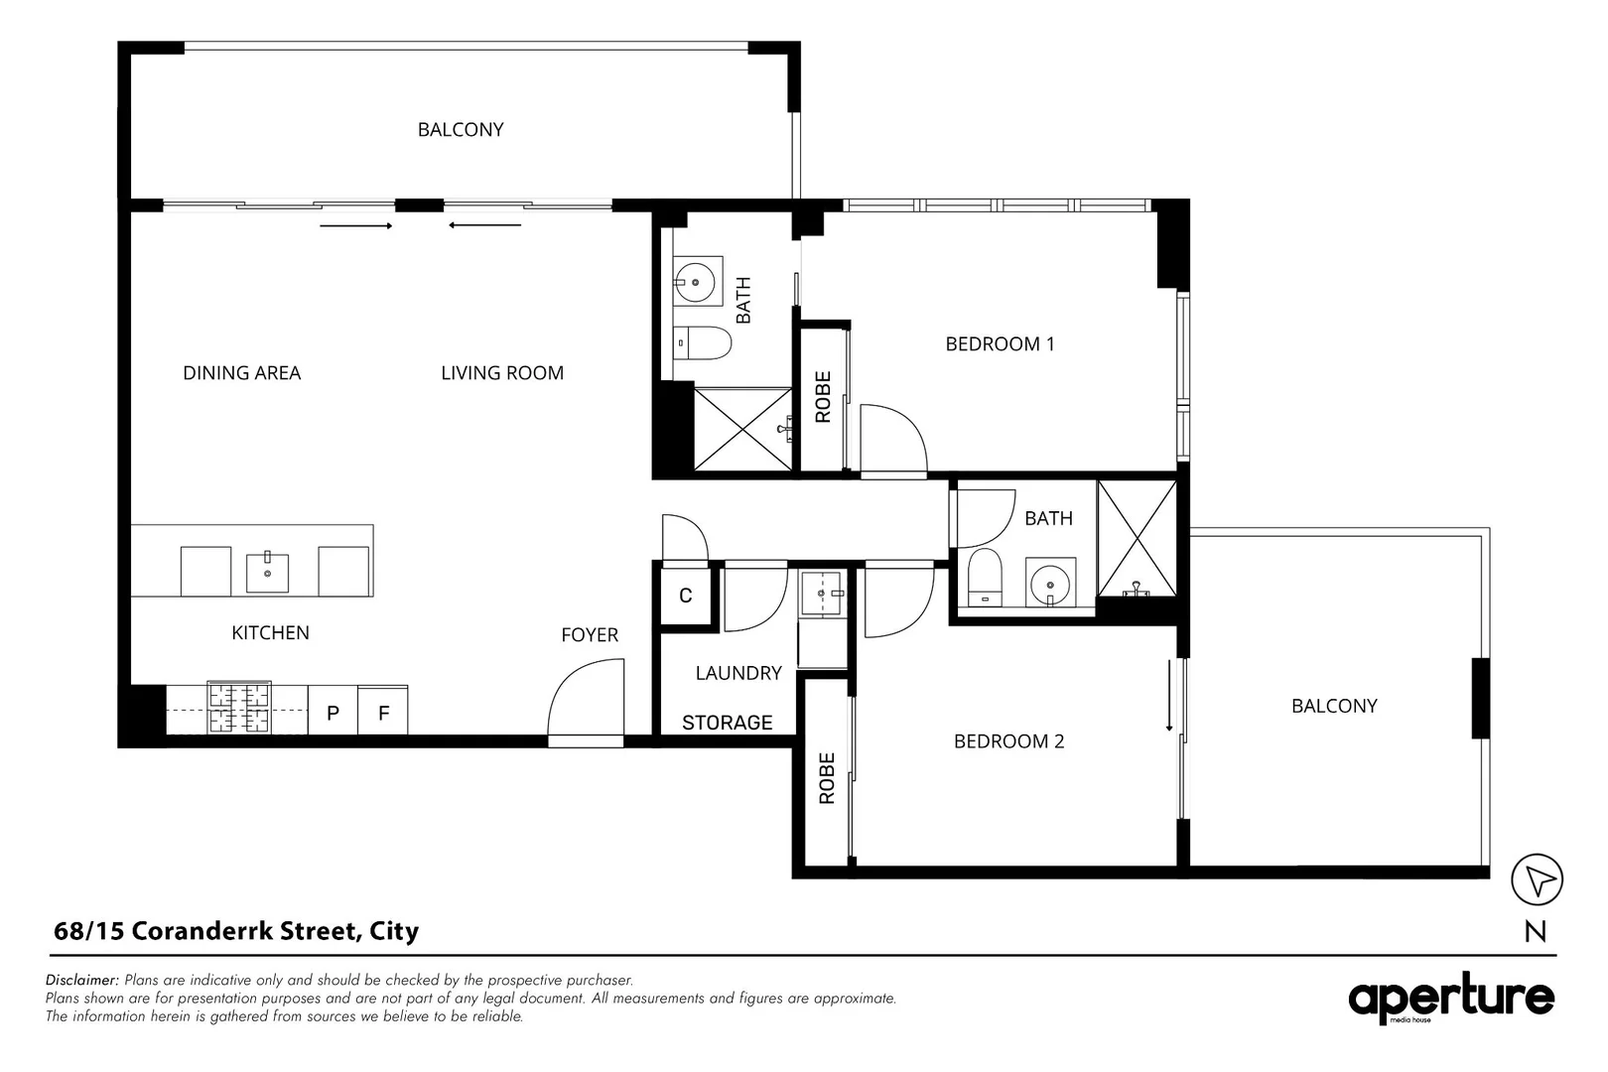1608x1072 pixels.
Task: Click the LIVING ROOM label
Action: click(x=502, y=373)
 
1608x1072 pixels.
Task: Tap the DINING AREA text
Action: click(x=241, y=373)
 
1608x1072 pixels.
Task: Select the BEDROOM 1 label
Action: click(x=1000, y=344)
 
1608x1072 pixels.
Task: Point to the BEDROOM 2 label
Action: click(x=1008, y=741)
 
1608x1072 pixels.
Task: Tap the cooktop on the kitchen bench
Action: click(x=238, y=708)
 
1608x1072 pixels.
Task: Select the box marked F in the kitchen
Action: click(x=383, y=713)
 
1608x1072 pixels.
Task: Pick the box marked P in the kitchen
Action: click(x=334, y=713)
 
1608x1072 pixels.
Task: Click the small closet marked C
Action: click(x=686, y=596)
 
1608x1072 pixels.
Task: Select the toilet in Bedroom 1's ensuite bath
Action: click(x=704, y=343)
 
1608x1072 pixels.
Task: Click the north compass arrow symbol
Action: click(x=1537, y=879)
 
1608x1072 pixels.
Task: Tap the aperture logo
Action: click(x=1451, y=1001)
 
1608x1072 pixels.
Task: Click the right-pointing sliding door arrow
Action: click(x=356, y=226)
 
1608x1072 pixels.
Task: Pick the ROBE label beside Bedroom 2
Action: click(x=827, y=778)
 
